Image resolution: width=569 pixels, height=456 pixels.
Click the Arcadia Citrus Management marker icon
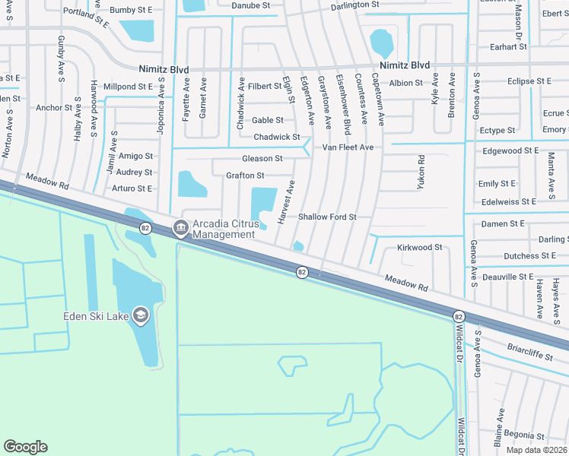(x=181, y=227)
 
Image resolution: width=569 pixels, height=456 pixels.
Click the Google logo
(x=26, y=447)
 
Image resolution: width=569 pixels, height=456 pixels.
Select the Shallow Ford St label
(x=327, y=217)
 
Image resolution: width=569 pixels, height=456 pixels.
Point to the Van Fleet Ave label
(x=348, y=147)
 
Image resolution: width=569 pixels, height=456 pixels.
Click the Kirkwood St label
(x=419, y=248)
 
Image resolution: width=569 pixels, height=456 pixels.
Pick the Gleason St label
(x=262, y=159)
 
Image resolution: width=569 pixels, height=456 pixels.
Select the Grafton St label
(x=245, y=176)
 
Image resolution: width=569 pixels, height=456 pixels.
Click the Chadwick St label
(x=276, y=137)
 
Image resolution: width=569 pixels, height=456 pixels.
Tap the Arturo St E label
(x=132, y=188)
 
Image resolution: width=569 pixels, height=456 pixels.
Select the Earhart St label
(x=509, y=47)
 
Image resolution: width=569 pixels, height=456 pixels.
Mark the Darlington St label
(x=354, y=5)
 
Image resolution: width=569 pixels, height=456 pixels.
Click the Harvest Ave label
(x=285, y=202)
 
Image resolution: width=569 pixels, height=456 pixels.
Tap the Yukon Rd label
(x=420, y=173)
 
